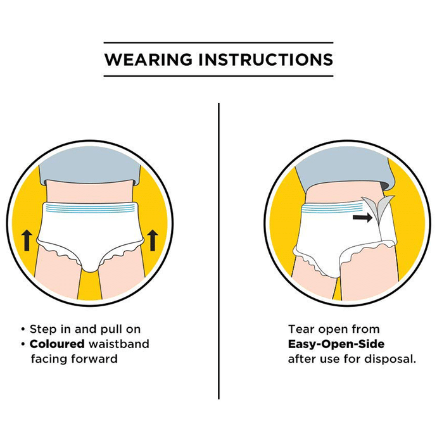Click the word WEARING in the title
[148, 59]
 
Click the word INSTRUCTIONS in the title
[266, 59]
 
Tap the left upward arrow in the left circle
[27, 240]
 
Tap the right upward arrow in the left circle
[153, 240]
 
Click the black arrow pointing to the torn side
[363, 217]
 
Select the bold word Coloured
[57, 344]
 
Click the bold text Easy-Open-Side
[336, 344]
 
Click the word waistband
[118, 344]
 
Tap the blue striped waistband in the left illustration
[90, 208]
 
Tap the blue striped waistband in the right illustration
[332, 208]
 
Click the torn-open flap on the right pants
[379, 208]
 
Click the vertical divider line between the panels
[218, 251]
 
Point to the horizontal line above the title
[218, 42]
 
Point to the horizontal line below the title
[218, 76]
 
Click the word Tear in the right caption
[300, 330]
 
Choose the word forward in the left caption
[94, 359]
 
